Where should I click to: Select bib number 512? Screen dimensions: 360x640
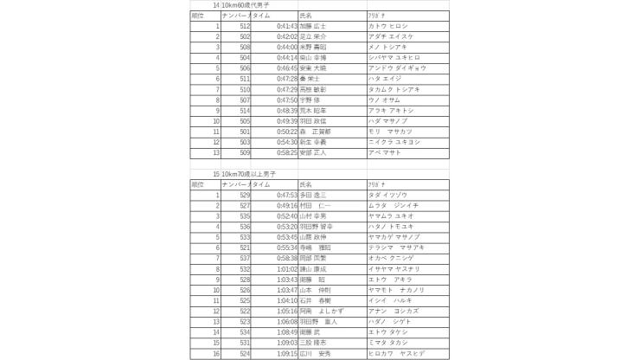(245, 27)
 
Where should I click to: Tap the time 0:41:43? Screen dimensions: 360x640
(287, 27)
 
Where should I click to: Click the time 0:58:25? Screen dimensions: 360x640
(287, 152)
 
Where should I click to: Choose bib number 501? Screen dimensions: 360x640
(245, 132)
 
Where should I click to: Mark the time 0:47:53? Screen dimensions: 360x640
(287, 196)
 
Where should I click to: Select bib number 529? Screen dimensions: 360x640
(245, 196)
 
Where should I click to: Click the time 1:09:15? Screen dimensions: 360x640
(287, 352)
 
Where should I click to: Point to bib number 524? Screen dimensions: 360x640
(245, 352)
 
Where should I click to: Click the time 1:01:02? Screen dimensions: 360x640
(287, 269)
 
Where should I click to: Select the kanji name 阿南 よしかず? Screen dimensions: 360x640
(322, 311)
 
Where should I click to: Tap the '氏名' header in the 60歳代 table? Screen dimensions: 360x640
(305, 16)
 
